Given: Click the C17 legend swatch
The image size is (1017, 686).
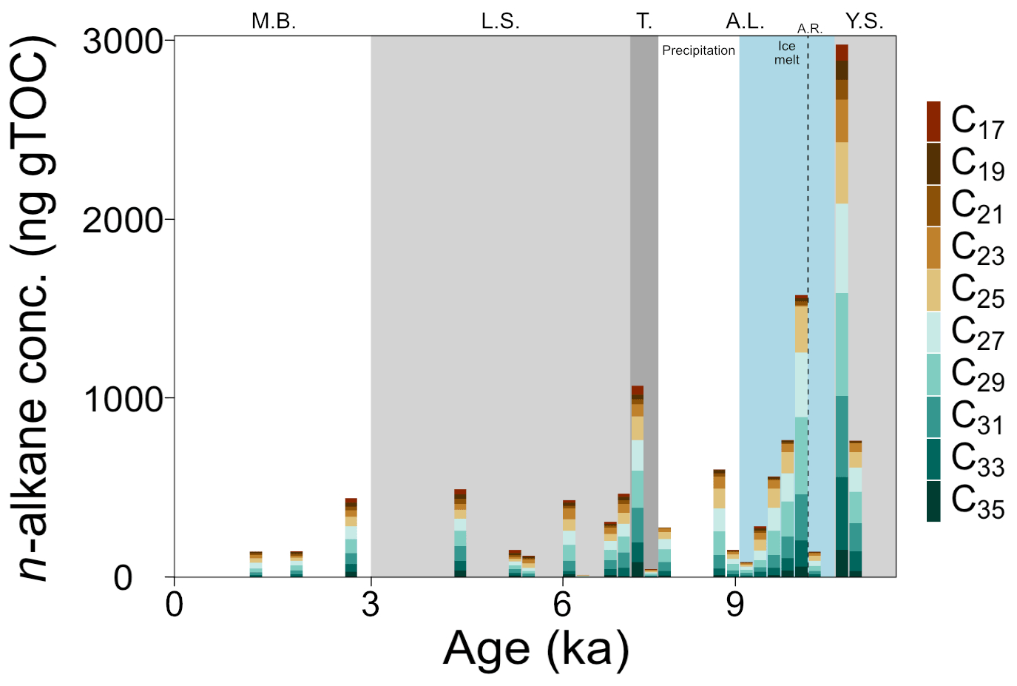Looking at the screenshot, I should pos(933,121).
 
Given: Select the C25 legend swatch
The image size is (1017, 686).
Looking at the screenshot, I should pos(933,289).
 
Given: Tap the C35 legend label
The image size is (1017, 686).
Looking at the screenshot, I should pos(977,501).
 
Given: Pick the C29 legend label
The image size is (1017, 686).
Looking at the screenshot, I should pos(977,374).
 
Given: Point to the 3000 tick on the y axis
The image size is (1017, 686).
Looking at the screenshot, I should pos(123,41).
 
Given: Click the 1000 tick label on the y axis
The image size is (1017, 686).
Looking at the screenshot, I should pos(123,400).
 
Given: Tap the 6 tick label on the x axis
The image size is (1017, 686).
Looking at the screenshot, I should pos(562,605).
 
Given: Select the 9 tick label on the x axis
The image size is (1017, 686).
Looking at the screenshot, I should pos(734,605).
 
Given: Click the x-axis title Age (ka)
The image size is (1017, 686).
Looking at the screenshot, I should pos(536,649).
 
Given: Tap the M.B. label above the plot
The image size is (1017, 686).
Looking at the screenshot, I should pos(274,21).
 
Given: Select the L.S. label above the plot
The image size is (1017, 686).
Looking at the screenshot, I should pos(500,21).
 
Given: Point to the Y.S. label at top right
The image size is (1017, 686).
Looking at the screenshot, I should pos(864,21).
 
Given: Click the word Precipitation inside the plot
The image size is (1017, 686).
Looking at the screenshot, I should pos(698,50).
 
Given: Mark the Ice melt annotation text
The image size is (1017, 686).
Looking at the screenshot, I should pos(786,53).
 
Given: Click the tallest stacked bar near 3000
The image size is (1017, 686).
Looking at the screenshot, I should pos(842,311).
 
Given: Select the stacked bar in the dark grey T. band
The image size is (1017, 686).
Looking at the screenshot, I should pos(637,481).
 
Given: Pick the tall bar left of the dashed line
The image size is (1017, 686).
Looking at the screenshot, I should pos(801,437).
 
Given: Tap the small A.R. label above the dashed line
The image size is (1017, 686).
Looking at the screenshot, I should pos(809,29).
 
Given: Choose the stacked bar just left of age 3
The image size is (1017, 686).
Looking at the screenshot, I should pos(351,538).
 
